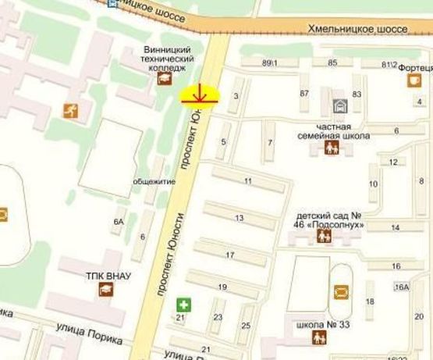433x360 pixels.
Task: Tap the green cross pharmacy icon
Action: [183, 303]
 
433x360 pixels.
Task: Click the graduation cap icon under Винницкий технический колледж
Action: [165, 78]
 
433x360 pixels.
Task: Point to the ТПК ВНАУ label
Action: [108, 275]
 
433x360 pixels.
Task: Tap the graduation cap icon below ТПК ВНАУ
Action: [105, 290]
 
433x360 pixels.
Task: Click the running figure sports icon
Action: [72, 111]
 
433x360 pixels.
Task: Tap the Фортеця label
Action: [416, 68]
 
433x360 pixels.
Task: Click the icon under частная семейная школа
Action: [332, 147]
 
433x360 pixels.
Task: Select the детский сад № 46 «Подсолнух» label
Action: [330, 220]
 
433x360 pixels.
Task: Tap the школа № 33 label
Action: [316, 323]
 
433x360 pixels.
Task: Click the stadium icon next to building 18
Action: [341, 292]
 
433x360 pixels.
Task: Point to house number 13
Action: [239, 218]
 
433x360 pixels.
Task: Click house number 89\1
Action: [271, 62]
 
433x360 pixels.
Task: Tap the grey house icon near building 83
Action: [339, 105]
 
